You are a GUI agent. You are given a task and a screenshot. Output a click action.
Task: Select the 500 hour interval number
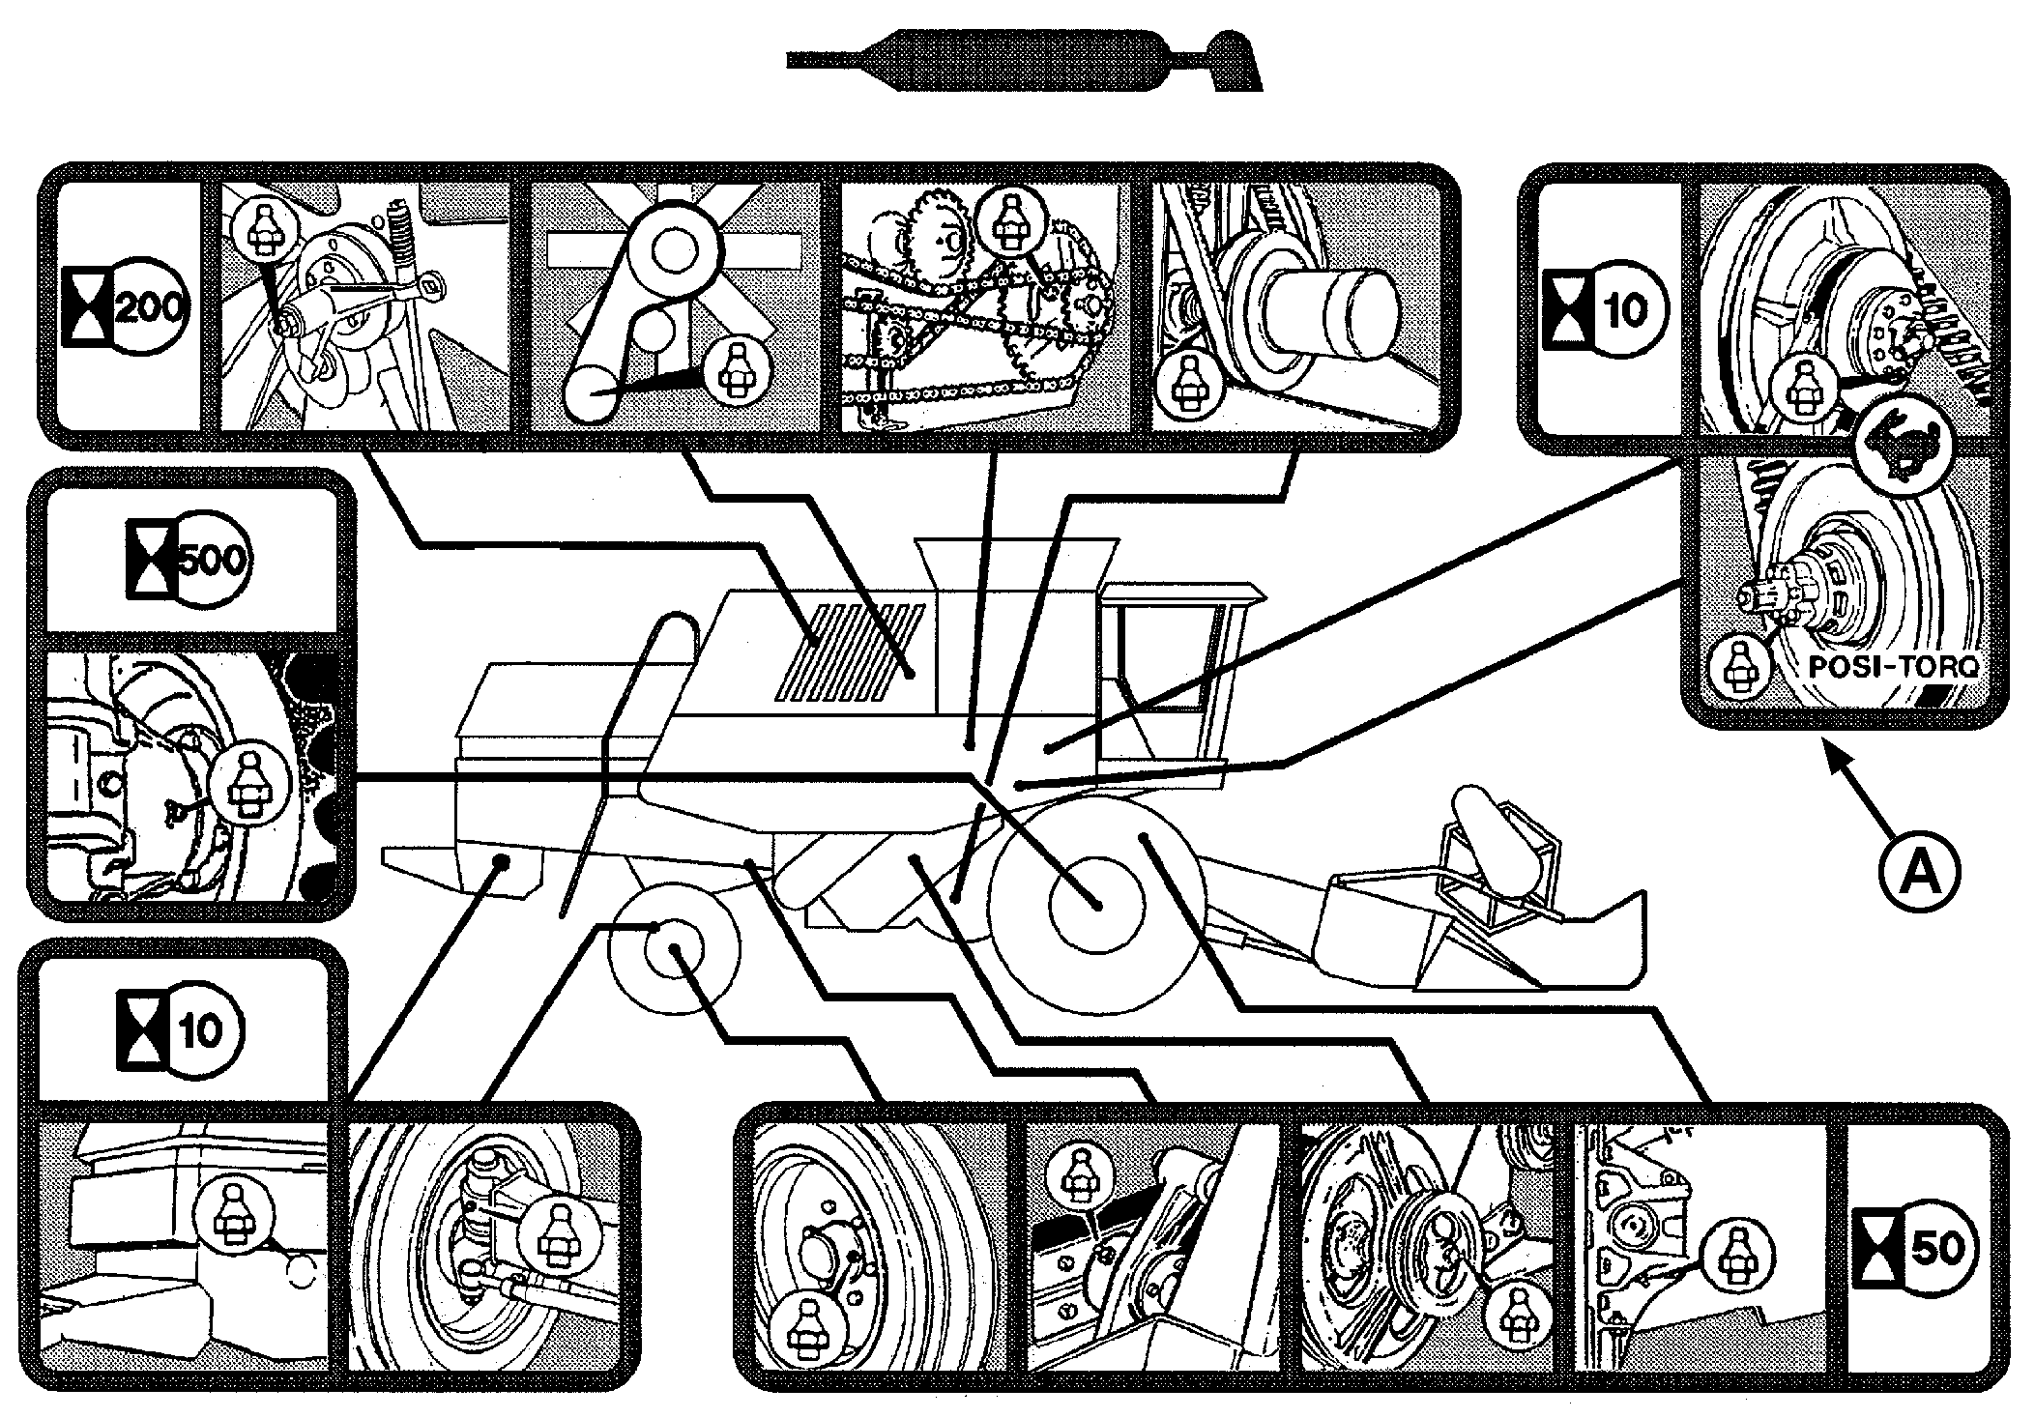click(213, 561)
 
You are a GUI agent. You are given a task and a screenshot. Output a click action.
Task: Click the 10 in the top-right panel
click(1628, 310)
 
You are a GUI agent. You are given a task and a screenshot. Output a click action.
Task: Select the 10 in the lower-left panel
click(200, 1031)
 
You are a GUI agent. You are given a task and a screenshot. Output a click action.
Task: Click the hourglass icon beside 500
click(149, 561)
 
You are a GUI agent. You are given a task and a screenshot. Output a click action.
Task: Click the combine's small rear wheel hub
click(674, 954)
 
